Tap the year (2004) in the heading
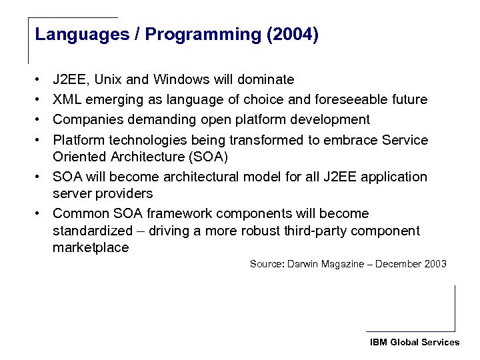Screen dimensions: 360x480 tap(292, 35)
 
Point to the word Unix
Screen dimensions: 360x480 tap(107, 80)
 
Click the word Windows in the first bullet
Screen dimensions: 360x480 tap(181, 80)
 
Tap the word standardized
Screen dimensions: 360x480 tap(93, 231)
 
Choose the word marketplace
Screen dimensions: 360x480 tap(91, 248)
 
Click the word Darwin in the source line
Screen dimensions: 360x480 tap(304, 264)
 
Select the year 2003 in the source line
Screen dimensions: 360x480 tap(435, 264)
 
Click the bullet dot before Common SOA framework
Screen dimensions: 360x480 tap(40, 213)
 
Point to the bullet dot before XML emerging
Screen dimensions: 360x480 tap(40, 100)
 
